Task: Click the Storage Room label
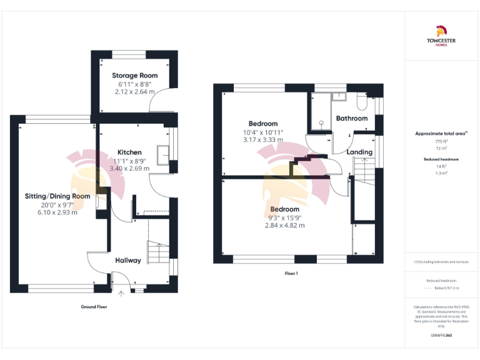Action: coord(135,75)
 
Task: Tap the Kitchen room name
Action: coord(129,152)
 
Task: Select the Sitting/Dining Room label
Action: coord(57,196)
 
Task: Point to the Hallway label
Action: coord(128,260)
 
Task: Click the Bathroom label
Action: coord(352,118)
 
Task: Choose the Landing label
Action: coord(359,152)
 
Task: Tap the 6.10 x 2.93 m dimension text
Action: coord(57,212)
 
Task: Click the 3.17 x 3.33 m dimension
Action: coord(262,140)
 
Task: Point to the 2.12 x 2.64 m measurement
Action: coord(135,91)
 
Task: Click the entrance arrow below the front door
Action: coord(122,292)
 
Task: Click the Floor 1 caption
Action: coord(291,273)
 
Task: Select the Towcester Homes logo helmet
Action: coord(441,30)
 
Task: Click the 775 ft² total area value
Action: coord(441,142)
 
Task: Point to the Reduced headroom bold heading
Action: coord(441,160)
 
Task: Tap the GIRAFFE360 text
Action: coord(441,336)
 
